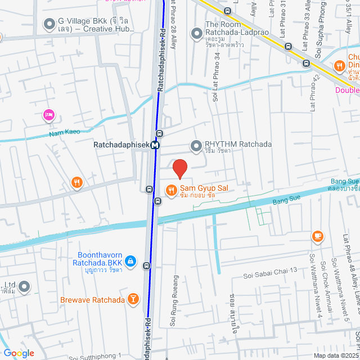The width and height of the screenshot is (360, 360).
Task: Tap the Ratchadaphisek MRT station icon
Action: click(x=155, y=145)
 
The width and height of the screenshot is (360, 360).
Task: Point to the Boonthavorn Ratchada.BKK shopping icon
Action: click(x=130, y=261)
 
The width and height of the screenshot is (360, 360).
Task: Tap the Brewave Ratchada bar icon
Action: click(x=133, y=299)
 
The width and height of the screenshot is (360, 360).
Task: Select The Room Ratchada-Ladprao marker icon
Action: click(x=196, y=33)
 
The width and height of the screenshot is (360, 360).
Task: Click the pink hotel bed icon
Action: click(x=48, y=115)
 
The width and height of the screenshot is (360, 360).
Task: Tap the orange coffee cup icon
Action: click(x=318, y=236)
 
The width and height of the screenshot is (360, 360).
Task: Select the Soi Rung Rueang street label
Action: click(x=175, y=301)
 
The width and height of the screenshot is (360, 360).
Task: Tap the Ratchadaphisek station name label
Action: click(x=121, y=145)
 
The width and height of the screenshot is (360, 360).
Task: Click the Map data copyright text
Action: click(x=335, y=355)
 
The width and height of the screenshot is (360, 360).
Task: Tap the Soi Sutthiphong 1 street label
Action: click(x=95, y=356)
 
